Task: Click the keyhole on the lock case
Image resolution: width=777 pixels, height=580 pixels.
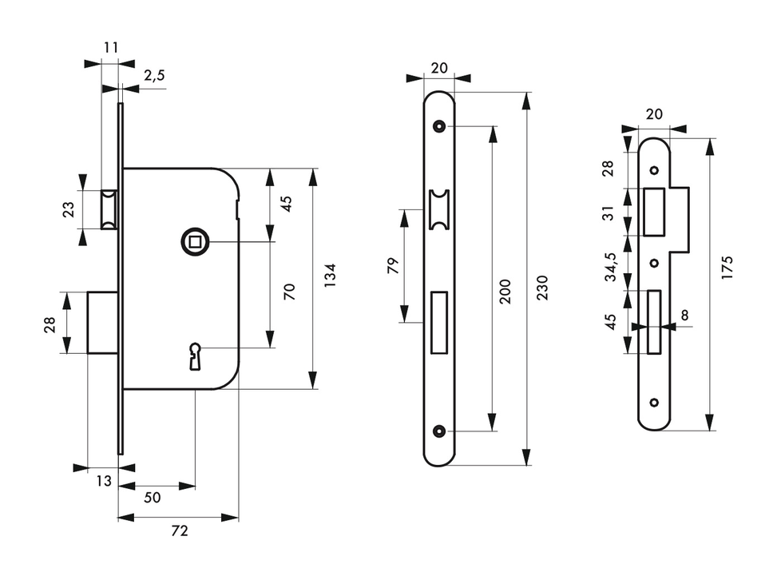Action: [x=195, y=356]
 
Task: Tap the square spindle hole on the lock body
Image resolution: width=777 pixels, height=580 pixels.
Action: [x=195, y=242]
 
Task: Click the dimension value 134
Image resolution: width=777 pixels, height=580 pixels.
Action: [x=330, y=276]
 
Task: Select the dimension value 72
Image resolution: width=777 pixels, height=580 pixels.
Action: [x=180, y=531]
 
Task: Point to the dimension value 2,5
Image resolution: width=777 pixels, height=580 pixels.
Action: [x=154, y=75]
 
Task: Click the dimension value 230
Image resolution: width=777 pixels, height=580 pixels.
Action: [x=542, y=287]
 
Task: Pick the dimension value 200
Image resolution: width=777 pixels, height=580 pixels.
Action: [x=505, y=292]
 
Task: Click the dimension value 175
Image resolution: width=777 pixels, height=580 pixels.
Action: [x=727, y=267]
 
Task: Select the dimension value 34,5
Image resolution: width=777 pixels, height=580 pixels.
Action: [x=610, y=267]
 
